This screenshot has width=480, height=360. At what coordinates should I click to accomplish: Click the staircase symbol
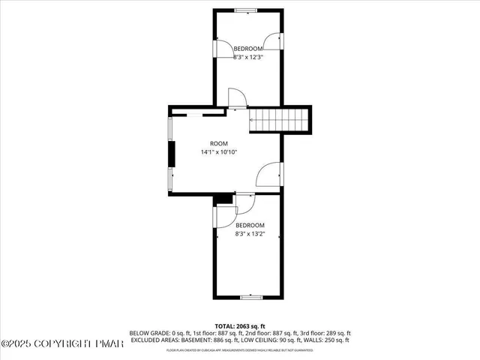tap(279, 118)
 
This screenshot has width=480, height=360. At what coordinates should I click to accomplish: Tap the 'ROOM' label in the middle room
tap(218, 143)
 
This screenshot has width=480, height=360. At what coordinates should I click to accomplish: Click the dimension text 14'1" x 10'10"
tap(218, 151)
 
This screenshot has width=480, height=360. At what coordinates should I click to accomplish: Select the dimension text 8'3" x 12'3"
tap(247, 56)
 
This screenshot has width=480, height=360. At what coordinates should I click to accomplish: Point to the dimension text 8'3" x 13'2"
tap(250, 233)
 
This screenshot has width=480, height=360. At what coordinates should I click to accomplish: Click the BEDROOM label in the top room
tap(247, 48)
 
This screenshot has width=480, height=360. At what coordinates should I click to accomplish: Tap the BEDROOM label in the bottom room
tap(250, 225)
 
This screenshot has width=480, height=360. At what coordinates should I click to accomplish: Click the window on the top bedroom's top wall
tap(245, 10)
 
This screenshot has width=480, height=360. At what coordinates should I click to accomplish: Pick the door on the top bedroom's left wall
tap(223, 48)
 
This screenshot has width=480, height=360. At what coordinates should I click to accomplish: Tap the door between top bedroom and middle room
tap(235, 99)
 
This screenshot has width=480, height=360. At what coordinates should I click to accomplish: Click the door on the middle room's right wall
tap(268, 175)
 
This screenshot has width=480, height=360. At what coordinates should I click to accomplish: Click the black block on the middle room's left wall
tap(172, 153)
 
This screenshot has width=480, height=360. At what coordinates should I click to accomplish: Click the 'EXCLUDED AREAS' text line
tap(240, 339)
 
